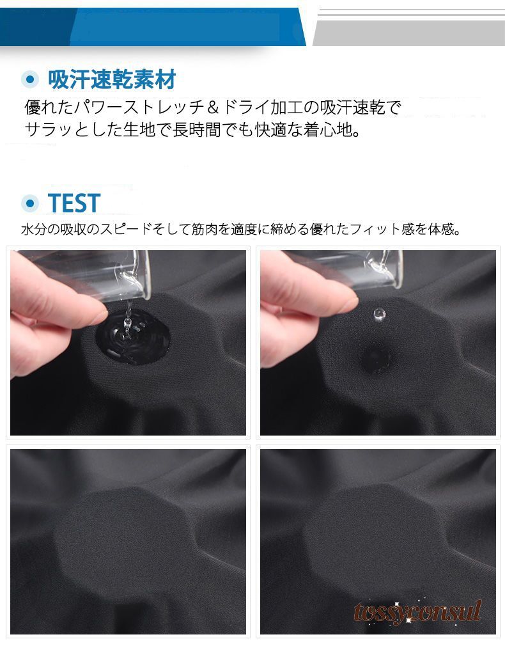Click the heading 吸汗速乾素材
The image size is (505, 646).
pyautogui.click(x=112, y=79)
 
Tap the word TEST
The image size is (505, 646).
pyautogui.click(x=74, y=203)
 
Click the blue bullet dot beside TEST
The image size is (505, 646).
pyautogui.click(x=29, y=203)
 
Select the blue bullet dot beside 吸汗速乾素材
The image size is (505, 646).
pyautogui.click(x=29, y=79)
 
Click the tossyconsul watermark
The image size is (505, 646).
pyautogui.click(x=417, y=611)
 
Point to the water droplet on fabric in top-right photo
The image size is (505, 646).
pyautogui.click(x=379, y=314)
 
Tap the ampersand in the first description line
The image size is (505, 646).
pyautogui.click(x=212, y=108)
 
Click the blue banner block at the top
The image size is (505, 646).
pyautogui.click(x=152, y=26)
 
